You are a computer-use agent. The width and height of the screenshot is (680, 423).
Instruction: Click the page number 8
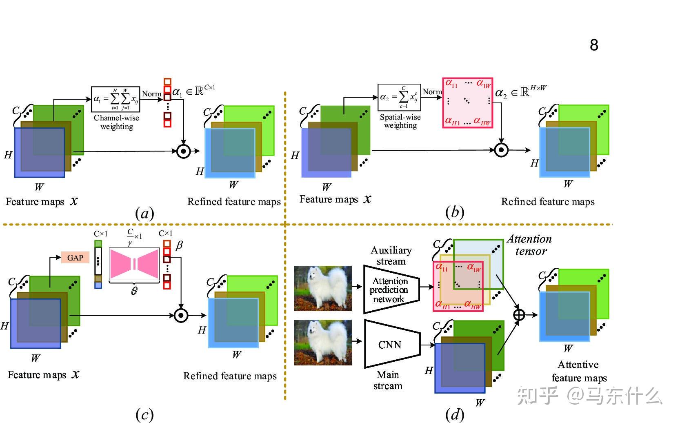tap(594, 45)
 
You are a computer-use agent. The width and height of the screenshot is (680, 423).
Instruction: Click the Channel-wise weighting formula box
tap(116, 99)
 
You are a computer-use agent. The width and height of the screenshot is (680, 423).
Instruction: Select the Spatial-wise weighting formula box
tap(399, 97)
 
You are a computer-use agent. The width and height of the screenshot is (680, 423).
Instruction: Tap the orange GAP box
tap(75, 258)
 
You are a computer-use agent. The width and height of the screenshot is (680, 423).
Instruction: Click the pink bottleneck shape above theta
tap(134, 264)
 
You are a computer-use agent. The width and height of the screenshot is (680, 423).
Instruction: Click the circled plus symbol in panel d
tap(519, 315)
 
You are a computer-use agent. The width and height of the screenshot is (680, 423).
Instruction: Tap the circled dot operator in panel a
tap(184, 151)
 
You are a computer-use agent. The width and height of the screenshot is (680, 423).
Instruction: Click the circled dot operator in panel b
tap(501, 150)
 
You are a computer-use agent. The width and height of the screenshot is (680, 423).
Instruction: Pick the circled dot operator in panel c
tap(181, 315)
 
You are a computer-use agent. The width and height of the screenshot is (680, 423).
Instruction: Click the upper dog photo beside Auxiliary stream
tap(322, 288)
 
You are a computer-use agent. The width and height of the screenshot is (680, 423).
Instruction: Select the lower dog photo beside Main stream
tap(322, 342)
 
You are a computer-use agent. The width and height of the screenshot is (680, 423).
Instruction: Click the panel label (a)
tap(144, 213)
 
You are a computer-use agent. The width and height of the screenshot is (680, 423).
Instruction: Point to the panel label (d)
tap(455, 414)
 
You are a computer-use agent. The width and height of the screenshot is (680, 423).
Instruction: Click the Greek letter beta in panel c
tap(179, 245)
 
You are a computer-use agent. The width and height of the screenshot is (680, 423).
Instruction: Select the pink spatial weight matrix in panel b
tap(467, 103)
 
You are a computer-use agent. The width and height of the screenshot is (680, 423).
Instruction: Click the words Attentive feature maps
tap(579, 371)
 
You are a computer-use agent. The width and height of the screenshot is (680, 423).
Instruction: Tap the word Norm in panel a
tap(151, 94)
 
